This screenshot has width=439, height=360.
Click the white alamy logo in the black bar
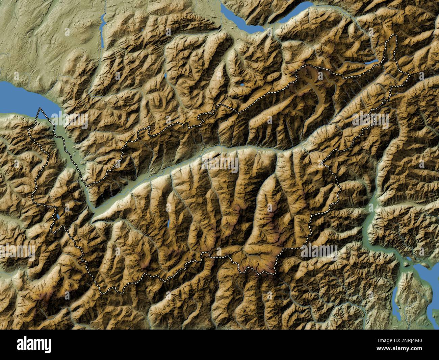coord(34,345)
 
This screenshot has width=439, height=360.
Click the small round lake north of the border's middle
coord(242,85)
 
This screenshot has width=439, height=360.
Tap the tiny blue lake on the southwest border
coord(58,217)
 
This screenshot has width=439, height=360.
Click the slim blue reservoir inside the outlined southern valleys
coord(168,223)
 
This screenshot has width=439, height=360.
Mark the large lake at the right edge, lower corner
coord(425,270)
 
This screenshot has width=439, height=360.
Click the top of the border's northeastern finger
coord(392,35)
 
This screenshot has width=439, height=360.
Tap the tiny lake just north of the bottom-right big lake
coord(409,259)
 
